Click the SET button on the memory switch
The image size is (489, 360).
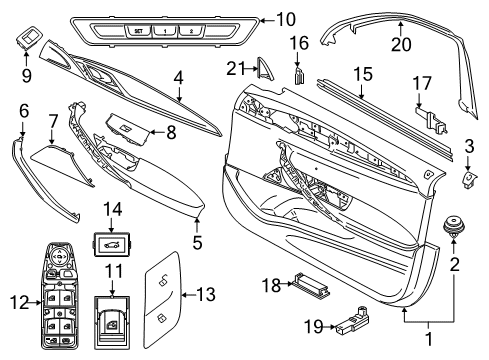pos(139,30)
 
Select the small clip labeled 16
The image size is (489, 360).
pos(299,77)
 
